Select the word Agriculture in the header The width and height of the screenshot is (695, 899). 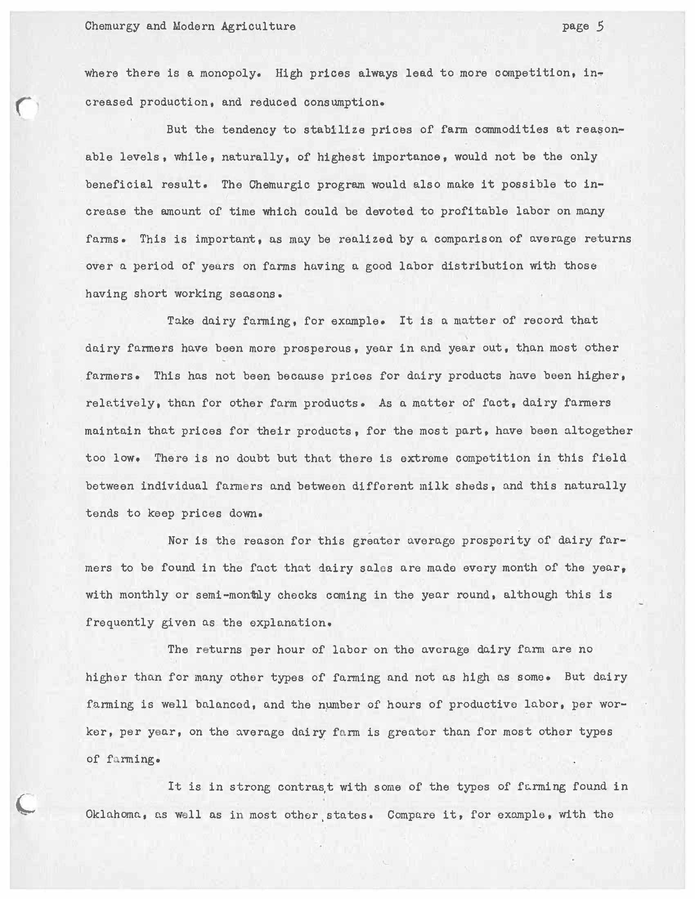point(258,27)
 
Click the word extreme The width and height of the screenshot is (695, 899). point(424,458)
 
